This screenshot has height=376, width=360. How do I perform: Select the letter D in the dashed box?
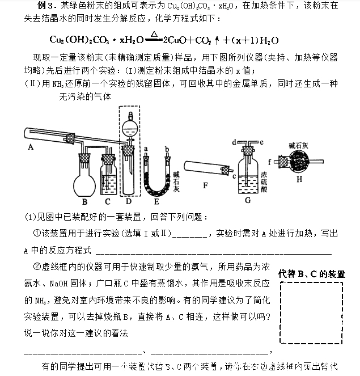click(x=129, y=201)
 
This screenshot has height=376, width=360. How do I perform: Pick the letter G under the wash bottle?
click(x=247, y=200)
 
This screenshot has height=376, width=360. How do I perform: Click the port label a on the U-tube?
click(x=146, y=148)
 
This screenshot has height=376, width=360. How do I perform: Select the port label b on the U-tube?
click(x=167, y=148)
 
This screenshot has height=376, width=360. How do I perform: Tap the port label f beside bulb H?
click(x=270, y=162)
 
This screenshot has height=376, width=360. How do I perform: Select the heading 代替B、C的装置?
click(x=312, y=274)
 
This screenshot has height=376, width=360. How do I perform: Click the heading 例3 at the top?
click(x=45, y=6)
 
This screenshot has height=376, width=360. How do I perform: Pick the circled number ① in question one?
click(x=37, y=233)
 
